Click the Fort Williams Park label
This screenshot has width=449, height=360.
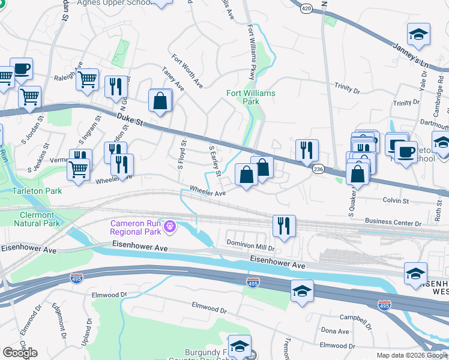tap(251, 98)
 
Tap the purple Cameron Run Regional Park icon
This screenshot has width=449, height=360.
tap(171, 227)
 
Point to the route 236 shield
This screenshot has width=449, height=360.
tap(318, 171)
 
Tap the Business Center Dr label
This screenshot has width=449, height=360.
tap(393, 223)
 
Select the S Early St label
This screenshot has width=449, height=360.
tap(214, 160)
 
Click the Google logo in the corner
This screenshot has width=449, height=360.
tap(20, 353)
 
